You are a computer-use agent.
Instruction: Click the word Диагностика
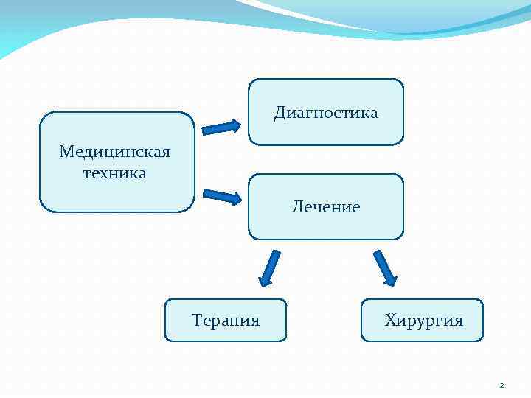tap(325, 113)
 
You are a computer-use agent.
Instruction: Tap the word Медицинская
tap(115, 152)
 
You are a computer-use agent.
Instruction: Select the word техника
tap(115, 173)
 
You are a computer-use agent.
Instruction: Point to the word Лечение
tap(325, 207)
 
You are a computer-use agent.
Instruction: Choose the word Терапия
tap(226, 321)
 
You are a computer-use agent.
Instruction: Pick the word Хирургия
tap(423, 321)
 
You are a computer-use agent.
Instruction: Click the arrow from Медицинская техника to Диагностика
tap(221, 128)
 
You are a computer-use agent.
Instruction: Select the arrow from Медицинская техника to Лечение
tap(222, 196)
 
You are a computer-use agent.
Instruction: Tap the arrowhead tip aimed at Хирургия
tap(394, 285)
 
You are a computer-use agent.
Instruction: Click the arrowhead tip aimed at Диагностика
tap(240, 125)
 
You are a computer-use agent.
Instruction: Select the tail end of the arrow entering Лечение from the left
tap(204, 193)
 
